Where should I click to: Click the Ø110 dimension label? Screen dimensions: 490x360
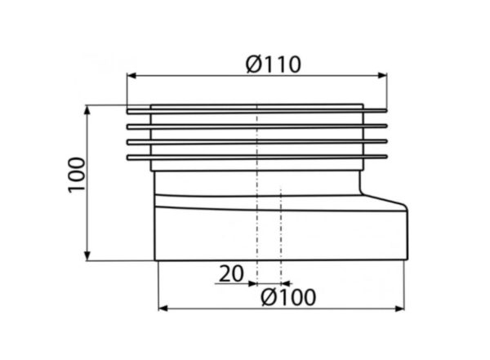click(x=274, y=64)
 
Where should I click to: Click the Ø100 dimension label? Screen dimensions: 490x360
click(x=288, y=297)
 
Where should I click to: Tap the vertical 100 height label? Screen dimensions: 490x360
click(x=77, y=175)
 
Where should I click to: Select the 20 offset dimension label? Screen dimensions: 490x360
click(x=231, y=273)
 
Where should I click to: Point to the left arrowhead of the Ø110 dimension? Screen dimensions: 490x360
click(x=131, y=76)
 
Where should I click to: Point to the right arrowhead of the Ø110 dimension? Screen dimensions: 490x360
click(x=382, y=75)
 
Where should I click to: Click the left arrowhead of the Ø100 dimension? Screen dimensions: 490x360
click(x=163, y=309)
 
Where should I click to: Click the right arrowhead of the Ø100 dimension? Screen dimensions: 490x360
click(x=399, y=309)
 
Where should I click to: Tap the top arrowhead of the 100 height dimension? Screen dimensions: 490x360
click(x=88, y=111)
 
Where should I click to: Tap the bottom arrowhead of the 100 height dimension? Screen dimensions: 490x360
click(x=88, y=256)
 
